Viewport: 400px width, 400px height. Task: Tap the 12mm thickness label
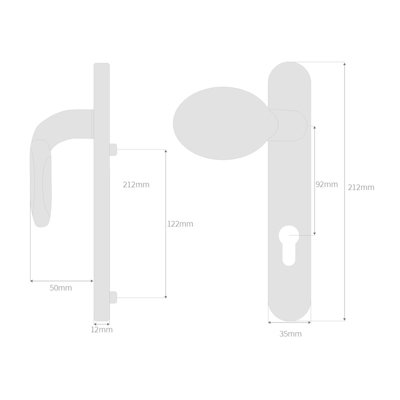(x=102, y=329)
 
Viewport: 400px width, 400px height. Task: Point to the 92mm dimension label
(x=325, y=185)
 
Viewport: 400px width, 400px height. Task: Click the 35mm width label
(x=290, y=333)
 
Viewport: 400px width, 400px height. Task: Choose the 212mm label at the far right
(x=362, y=187)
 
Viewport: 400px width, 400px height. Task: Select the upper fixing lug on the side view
(x=114, y=150)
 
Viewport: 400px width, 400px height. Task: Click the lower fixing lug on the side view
(x=114, y=296)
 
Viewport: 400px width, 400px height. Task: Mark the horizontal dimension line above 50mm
(x=60, y=278)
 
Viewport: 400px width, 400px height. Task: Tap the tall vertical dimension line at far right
(x=344, y=190)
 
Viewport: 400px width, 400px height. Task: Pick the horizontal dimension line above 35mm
(x=290, y=324)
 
